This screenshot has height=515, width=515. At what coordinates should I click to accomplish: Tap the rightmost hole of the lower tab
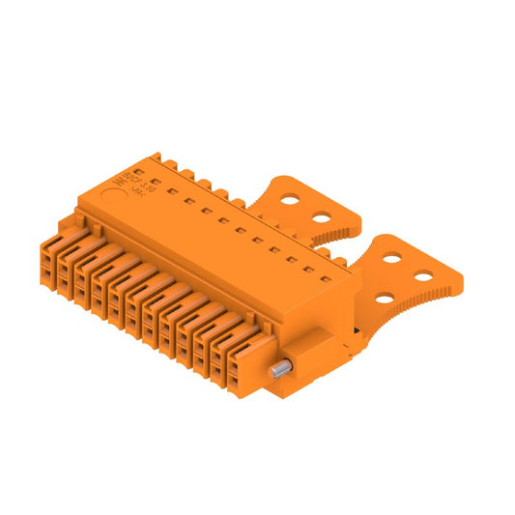coord(422,278)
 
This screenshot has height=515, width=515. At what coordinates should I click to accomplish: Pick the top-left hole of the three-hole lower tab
coord(393,257)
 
